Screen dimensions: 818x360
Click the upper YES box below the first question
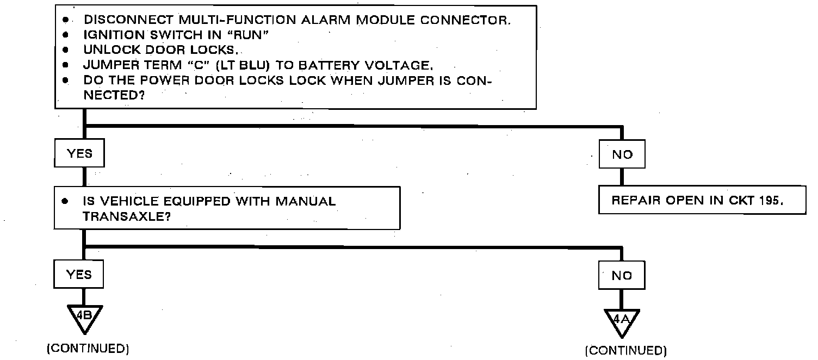[x=79, y=154]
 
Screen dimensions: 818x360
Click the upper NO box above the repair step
[x=622, y=155]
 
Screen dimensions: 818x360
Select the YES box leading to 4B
[x=79, y=275]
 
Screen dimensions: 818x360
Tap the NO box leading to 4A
[x=622, y=276]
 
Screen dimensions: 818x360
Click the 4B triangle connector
[x=84, y=317]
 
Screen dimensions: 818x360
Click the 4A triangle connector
[x=622, y=321]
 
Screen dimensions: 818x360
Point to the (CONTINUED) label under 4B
[x=88, y=349]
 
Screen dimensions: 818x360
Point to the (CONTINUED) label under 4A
[x=625, y=351]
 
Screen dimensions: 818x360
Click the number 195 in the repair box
[x=767, y=200]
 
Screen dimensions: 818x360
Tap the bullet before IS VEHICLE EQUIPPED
[x=65, y=201]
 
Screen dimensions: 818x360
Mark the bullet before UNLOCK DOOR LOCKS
[x=66, y=51]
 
